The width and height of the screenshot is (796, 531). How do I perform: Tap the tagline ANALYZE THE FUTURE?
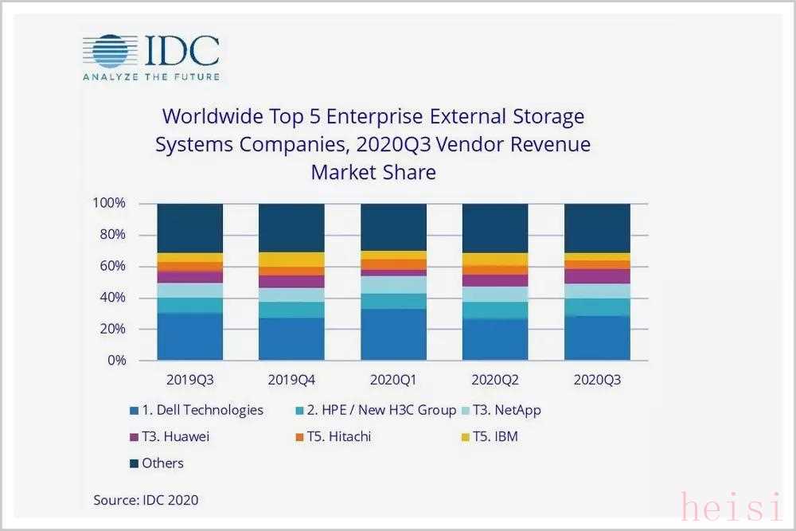point(151,76)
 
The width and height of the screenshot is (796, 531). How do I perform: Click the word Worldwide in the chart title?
point(209,116)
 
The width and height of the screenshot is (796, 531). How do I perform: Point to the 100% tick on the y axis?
point(109,203)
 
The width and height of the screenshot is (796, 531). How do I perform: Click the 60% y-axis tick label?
point(112,266)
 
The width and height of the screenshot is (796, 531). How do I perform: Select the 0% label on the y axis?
point(116,360)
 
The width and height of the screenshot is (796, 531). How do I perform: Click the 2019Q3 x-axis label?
point(189,380)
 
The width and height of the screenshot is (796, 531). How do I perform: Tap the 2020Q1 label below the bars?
point(393,380)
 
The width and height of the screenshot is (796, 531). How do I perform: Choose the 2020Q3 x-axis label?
point(597,380)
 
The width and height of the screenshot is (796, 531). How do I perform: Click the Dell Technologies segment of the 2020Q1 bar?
point(393,334)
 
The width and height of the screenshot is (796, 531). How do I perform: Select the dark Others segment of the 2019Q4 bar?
point(291,228)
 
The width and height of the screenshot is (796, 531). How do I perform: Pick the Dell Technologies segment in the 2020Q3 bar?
point(597,338)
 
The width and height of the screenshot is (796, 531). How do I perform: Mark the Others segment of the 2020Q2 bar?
point(495,228)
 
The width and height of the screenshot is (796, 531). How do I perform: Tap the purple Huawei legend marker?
point(133,437)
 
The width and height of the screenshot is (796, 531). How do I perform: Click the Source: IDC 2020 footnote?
point(146,500)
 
